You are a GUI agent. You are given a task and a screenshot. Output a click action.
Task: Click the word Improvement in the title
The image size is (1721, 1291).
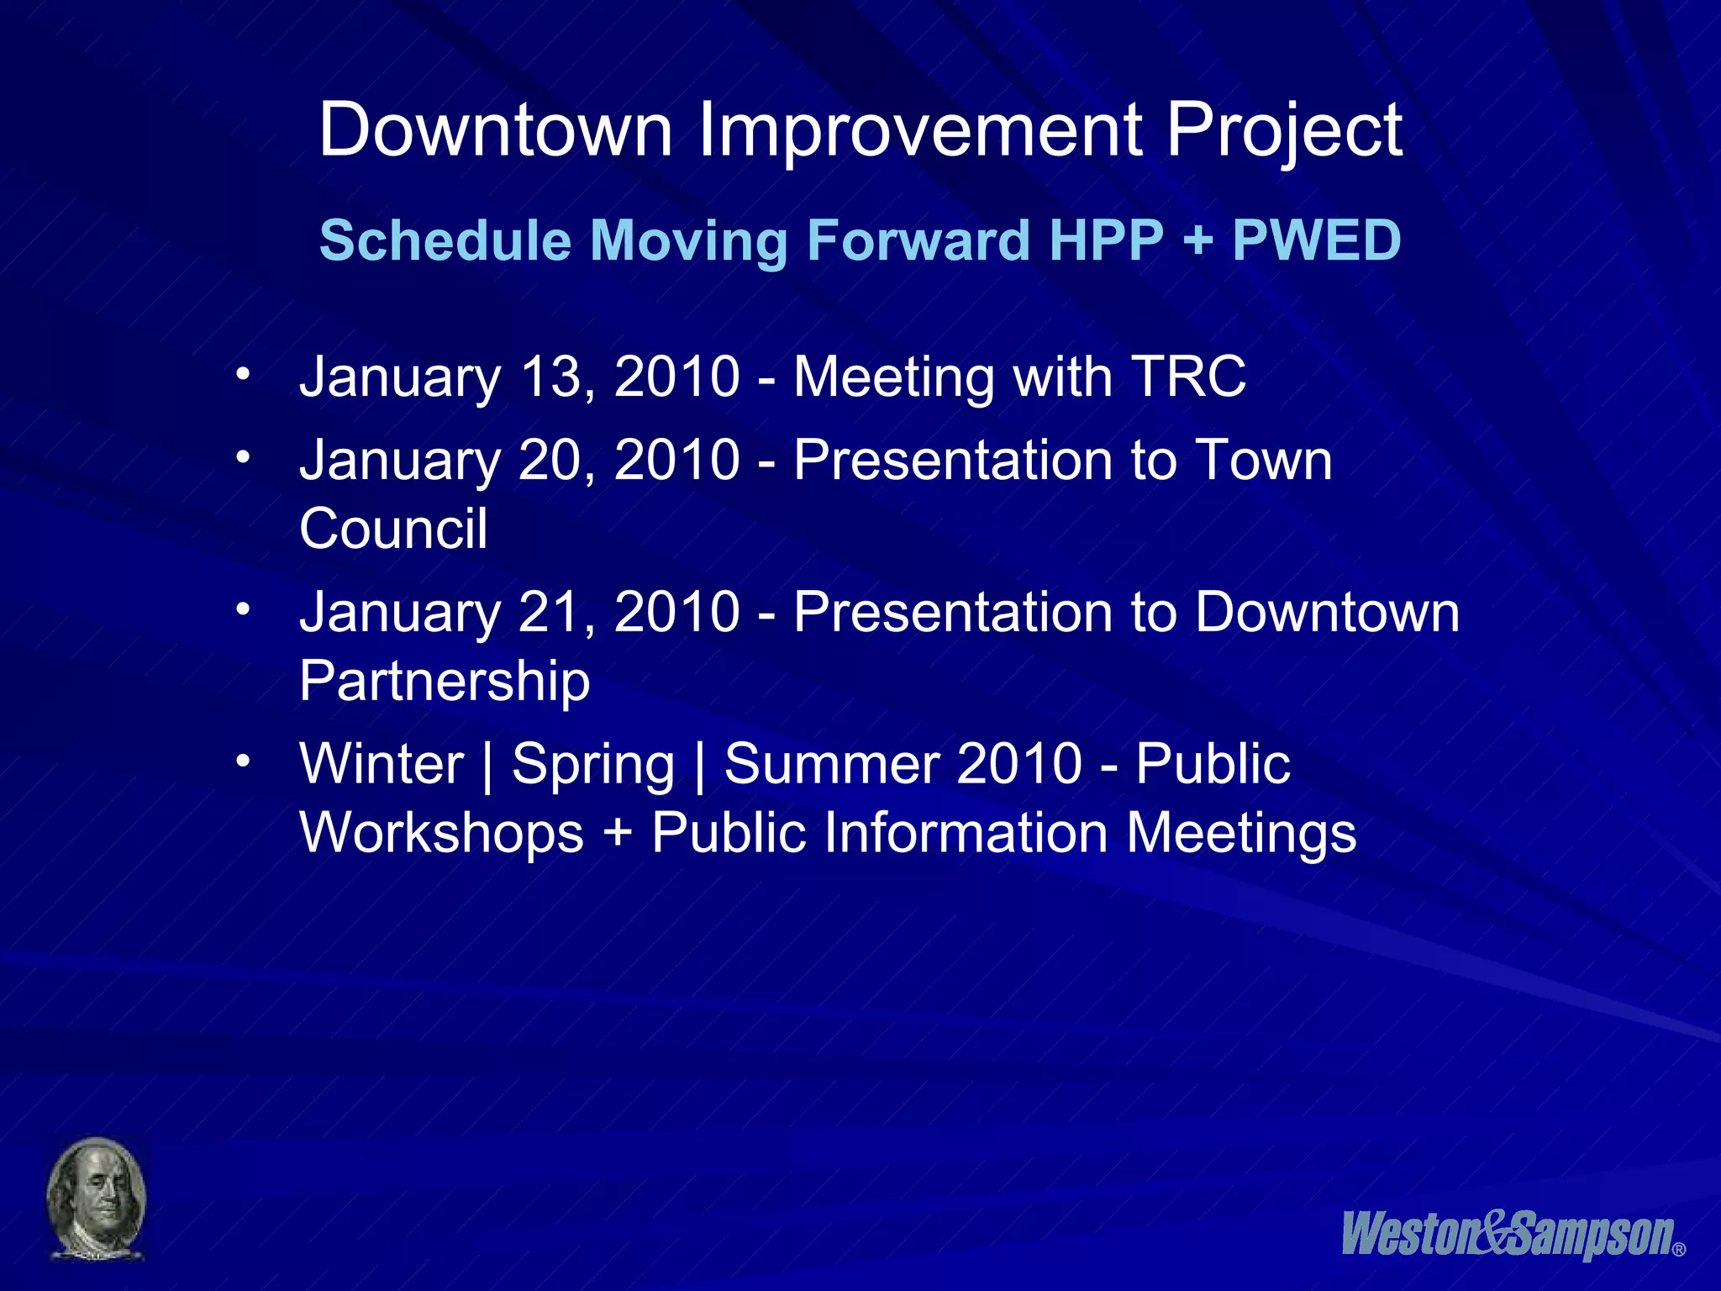(x=918, y=130)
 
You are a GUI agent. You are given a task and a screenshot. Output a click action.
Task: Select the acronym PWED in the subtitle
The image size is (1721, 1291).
(x=1316, y=240)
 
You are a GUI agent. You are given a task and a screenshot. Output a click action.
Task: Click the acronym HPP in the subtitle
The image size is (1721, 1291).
(x=1106, y=240)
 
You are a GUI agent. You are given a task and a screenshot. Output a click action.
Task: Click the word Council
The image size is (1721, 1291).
(x=393, y=529)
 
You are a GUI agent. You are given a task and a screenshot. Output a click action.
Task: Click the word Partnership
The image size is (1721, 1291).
(x=445, y=681)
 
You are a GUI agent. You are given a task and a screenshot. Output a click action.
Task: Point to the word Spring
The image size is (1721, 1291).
(x=593, y=764)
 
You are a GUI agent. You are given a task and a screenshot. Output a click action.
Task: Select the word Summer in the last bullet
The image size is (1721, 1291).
(x=832, y=764)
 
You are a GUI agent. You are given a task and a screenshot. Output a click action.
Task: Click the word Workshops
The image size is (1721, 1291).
(x=441, y=833)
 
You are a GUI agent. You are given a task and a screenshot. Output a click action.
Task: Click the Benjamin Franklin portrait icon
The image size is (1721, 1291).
(x=96, y=1199)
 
